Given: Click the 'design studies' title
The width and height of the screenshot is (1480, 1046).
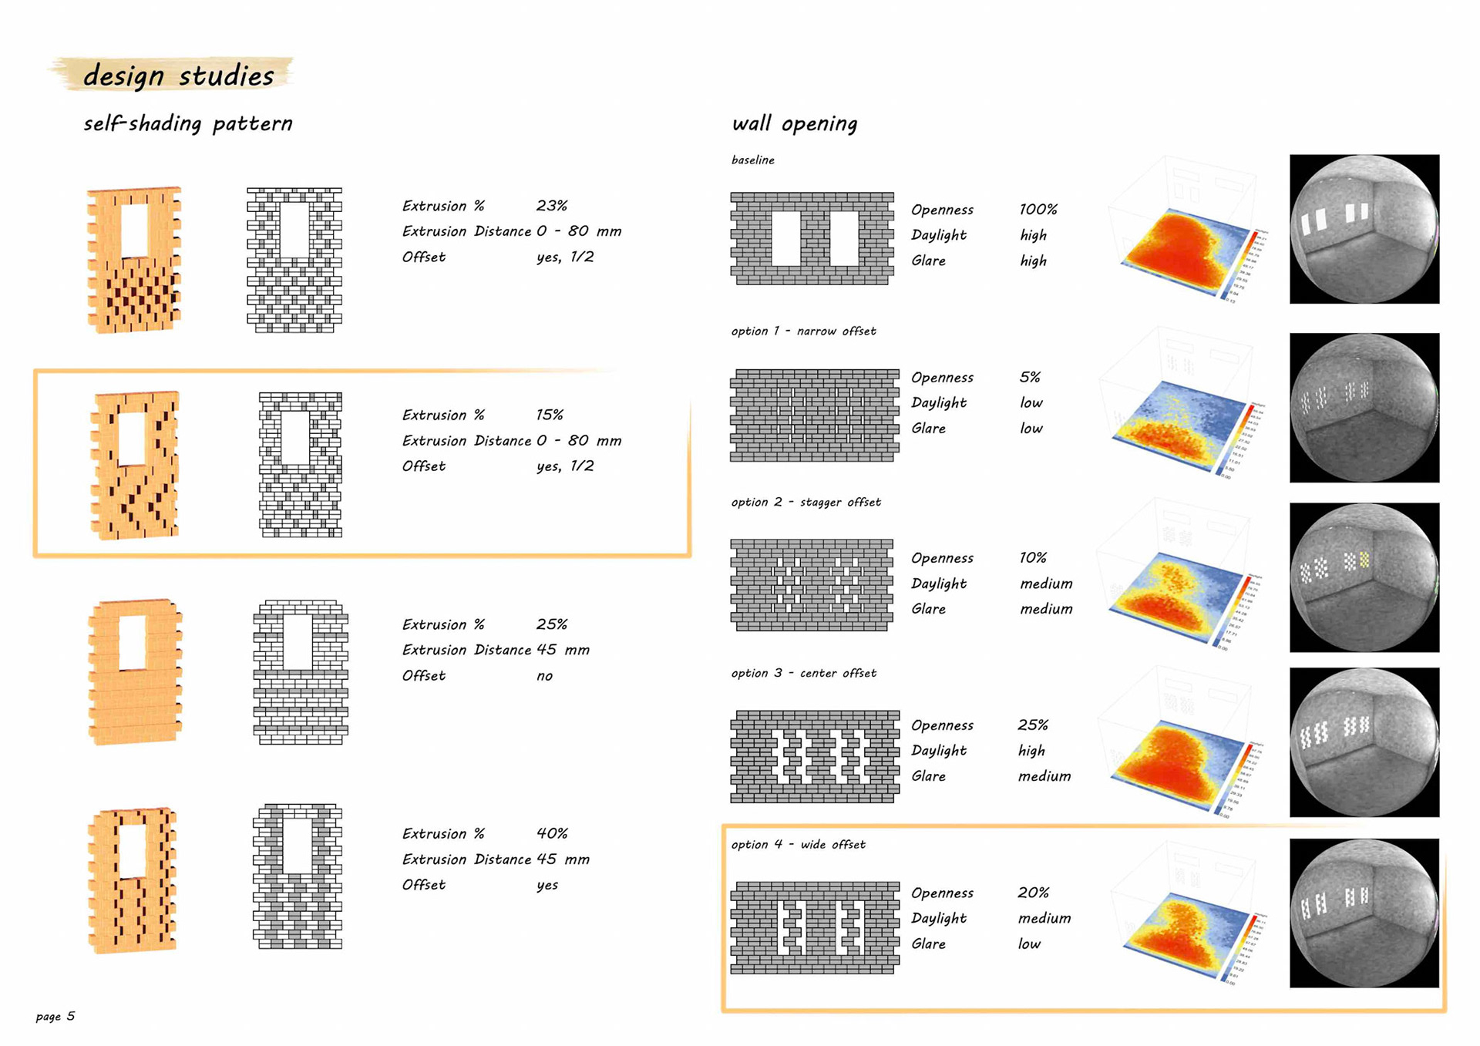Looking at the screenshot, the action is coord(178,76).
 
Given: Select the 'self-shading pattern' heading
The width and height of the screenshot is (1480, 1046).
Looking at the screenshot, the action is coord(188,123).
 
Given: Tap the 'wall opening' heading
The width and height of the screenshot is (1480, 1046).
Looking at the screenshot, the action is coord(794,123).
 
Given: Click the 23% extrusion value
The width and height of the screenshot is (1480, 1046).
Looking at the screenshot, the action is coord(551,206).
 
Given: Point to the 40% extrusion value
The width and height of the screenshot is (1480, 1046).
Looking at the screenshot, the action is coord(552,833).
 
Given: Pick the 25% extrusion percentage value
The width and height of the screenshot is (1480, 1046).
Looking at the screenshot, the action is coord(552,624).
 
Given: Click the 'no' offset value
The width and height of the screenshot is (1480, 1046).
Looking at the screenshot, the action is coord(544,676).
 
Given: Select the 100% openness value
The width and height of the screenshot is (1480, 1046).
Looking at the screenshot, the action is coord(1038,210).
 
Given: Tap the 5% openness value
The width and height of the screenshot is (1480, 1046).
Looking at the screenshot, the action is coord(1030,378).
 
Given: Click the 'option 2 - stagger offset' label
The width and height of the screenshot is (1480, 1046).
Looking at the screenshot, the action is coord(806,502).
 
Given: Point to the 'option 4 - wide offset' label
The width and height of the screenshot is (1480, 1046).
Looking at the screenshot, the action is coord(798,844).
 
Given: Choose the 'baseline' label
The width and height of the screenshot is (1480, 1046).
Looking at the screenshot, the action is coord(752,160).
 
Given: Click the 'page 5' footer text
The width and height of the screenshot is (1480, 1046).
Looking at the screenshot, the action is coord(55,1016).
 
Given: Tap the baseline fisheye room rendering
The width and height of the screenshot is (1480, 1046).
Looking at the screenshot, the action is coord(1364,229).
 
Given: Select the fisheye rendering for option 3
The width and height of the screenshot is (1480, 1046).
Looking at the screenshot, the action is coord(1364,742).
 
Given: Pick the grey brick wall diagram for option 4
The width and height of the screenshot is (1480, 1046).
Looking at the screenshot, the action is coord(814,927).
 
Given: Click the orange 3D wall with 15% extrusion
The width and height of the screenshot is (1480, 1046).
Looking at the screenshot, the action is coord(135,465).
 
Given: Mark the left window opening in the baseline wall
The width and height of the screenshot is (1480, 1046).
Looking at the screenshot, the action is coord(785,239).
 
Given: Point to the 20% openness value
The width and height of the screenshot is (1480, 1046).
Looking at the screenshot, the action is coord(1033,893).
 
